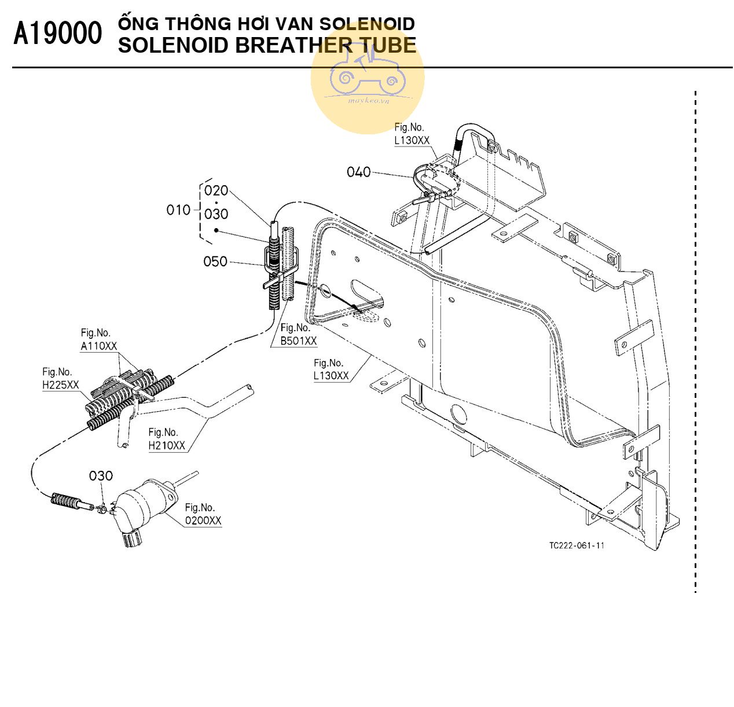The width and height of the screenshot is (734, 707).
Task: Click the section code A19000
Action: pyautogui.click(x=57, y=34)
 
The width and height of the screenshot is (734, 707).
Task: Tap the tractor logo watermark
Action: pyautogui.click(x=368, y=75)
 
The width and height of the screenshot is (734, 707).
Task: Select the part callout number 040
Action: pyautogui.click(x=358, y=172)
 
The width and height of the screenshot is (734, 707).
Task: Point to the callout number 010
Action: pyautogui.click(x=178, y=210)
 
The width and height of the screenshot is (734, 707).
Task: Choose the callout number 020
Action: pyautogui.click(x=216, y=191)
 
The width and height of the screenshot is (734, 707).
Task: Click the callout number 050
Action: pyautogui.click(x=215, y=262)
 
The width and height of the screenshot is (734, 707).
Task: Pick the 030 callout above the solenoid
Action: pyautogui.click(x=101, y=476)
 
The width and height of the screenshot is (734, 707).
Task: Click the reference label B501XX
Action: pyautogui.click(x=298, y=341)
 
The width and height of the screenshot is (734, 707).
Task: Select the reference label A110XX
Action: pyautogui.click(x=98, y=346)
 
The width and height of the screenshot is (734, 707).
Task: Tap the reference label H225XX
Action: pyautogui.click(x=60, y=385)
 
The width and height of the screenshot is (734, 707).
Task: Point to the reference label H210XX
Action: pyautogui.click(x=167, y=445)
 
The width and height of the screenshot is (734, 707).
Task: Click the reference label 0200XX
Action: pyautogui.click(x=203, y=521)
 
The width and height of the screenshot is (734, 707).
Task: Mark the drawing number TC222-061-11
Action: pyautogui.click(x=577, y=545)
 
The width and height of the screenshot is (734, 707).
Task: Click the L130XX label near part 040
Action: pyautogui.click(x=412, y=140)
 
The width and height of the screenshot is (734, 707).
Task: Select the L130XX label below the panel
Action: pyautogui.click(x=331, y=376)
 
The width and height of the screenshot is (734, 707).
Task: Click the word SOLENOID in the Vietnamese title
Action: pyautogui.click(x=367, y=24)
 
